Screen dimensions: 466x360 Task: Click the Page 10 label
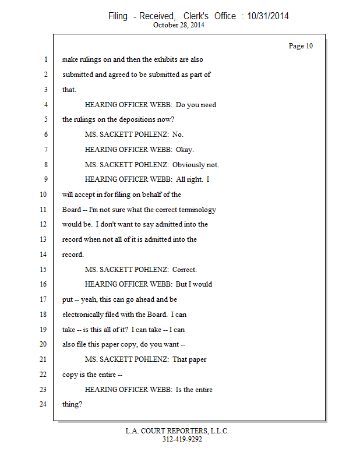(x=301, y=46)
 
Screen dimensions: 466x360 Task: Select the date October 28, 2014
(x=178, y=25)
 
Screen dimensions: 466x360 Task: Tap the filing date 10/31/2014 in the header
(x=268, y=16)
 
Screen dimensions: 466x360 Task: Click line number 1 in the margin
(x=45, y=59)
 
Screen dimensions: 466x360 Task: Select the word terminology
(x=192, y=210)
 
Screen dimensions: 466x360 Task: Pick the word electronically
(x=84, y=315)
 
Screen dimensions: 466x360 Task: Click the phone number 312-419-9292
(x=182, y=439)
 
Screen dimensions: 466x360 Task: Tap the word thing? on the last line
(x=72, y=404)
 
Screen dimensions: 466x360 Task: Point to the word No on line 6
(x=178, y=135)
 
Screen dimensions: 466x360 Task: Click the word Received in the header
(x=157, y=16)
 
